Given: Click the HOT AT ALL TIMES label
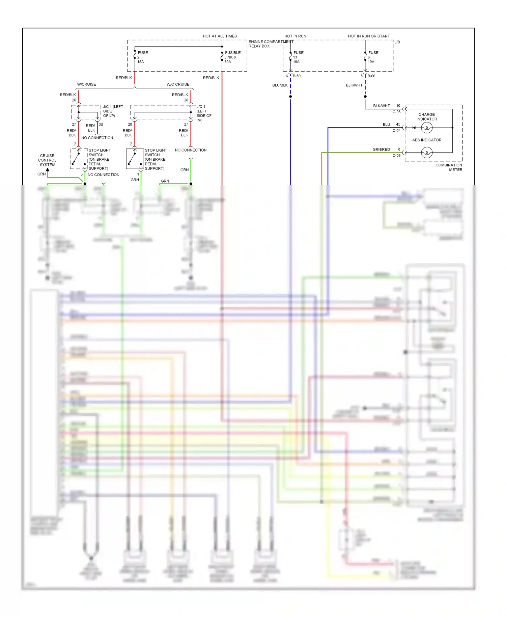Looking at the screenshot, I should [x=220, y=36].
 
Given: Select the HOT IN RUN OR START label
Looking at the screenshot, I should [x=369, y=36].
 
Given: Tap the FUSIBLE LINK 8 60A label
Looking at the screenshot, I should [x=232, y=57].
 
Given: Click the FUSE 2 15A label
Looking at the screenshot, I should [x=142, y=57].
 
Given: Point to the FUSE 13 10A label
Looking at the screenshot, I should [x=298, y=57].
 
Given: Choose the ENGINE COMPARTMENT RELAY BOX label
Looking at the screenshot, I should [x=270, y=44].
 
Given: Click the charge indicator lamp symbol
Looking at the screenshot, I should [x=427, y=128].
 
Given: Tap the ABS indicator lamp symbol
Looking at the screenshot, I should [x=427, y=153].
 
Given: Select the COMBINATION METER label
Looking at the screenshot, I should [x=449, y=167].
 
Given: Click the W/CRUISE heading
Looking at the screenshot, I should [x=86, y=84].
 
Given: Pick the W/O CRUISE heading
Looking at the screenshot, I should [x=178, y=84].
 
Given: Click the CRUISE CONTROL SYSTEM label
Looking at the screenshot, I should [x=47, y=160].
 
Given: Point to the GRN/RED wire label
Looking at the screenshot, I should [x=381, y=149].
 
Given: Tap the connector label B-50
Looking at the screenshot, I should [x=297, y=76].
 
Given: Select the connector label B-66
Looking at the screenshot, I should [x=371, y=76].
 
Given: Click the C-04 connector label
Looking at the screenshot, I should [x=396, y=131].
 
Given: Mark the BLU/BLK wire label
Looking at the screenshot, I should [x=280, y=85].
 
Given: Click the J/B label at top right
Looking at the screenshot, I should [x=397, y=42].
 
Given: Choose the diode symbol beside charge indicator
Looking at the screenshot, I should [x=414, y=128].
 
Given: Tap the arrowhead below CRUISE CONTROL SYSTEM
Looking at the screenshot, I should [x=48, y=170].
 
